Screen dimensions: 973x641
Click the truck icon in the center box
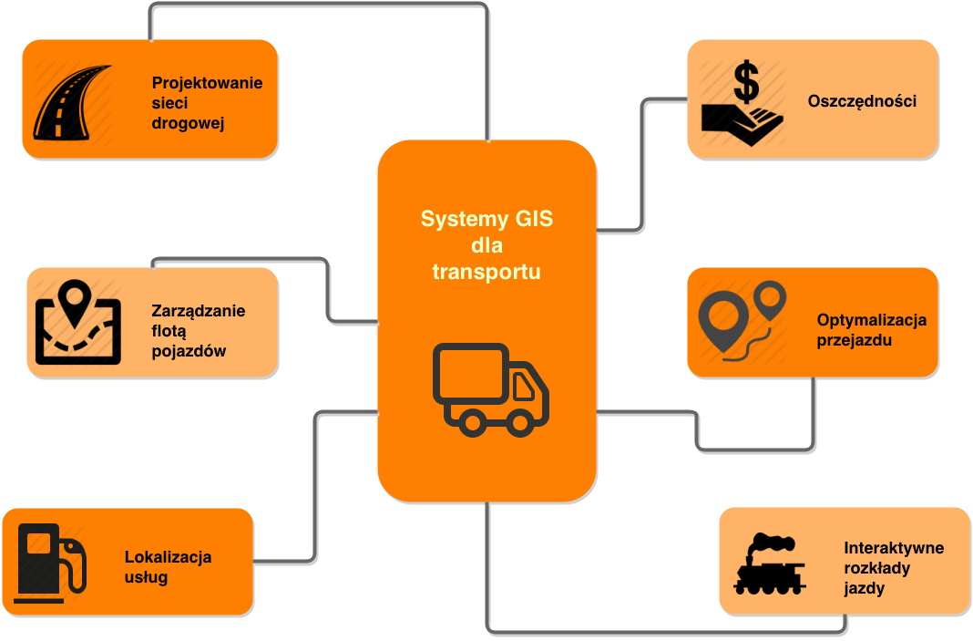point(490,389)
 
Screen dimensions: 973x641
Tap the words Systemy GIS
point(486,219)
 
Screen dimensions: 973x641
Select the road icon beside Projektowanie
point(71,102)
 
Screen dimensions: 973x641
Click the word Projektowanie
point(207,83)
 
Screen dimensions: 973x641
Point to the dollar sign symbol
point(746,81)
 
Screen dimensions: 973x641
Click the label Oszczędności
point(862,101)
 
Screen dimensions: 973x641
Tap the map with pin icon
point(77,322)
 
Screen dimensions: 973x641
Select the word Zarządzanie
point(198,311)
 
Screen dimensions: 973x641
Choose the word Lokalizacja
point(168,556)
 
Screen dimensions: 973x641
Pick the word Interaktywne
point(894,548)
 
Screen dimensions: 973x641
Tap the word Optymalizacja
point(871,321)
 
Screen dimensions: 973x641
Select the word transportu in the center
point(486,272)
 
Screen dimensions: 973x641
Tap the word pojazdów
point(189,352)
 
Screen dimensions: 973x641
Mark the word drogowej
point(188,124)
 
